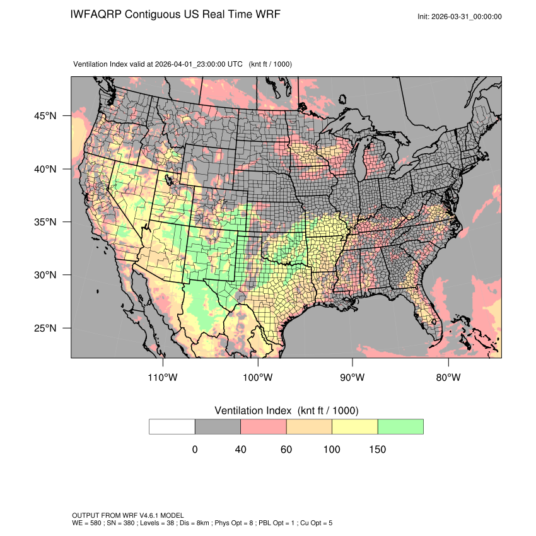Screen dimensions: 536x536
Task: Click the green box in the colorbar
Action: pyautogui.click(x=400, y=426)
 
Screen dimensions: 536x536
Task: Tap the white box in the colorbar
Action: pyautogui.click(x=172, y=426)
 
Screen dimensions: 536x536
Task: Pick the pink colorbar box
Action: pyautogui.click(x=264, y=426)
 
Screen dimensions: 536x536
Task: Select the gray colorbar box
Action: pyautogui.click(x=218, y=426)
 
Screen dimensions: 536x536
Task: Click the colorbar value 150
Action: pyautogui.click(x=377, y=450)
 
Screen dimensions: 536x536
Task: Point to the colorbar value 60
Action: pyautogui.click(x=286, y=450)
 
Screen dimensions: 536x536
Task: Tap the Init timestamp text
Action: pyautogui.click(x=460, y=16)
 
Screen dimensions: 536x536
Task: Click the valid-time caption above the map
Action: pyautogui.click(x=158, y=64)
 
